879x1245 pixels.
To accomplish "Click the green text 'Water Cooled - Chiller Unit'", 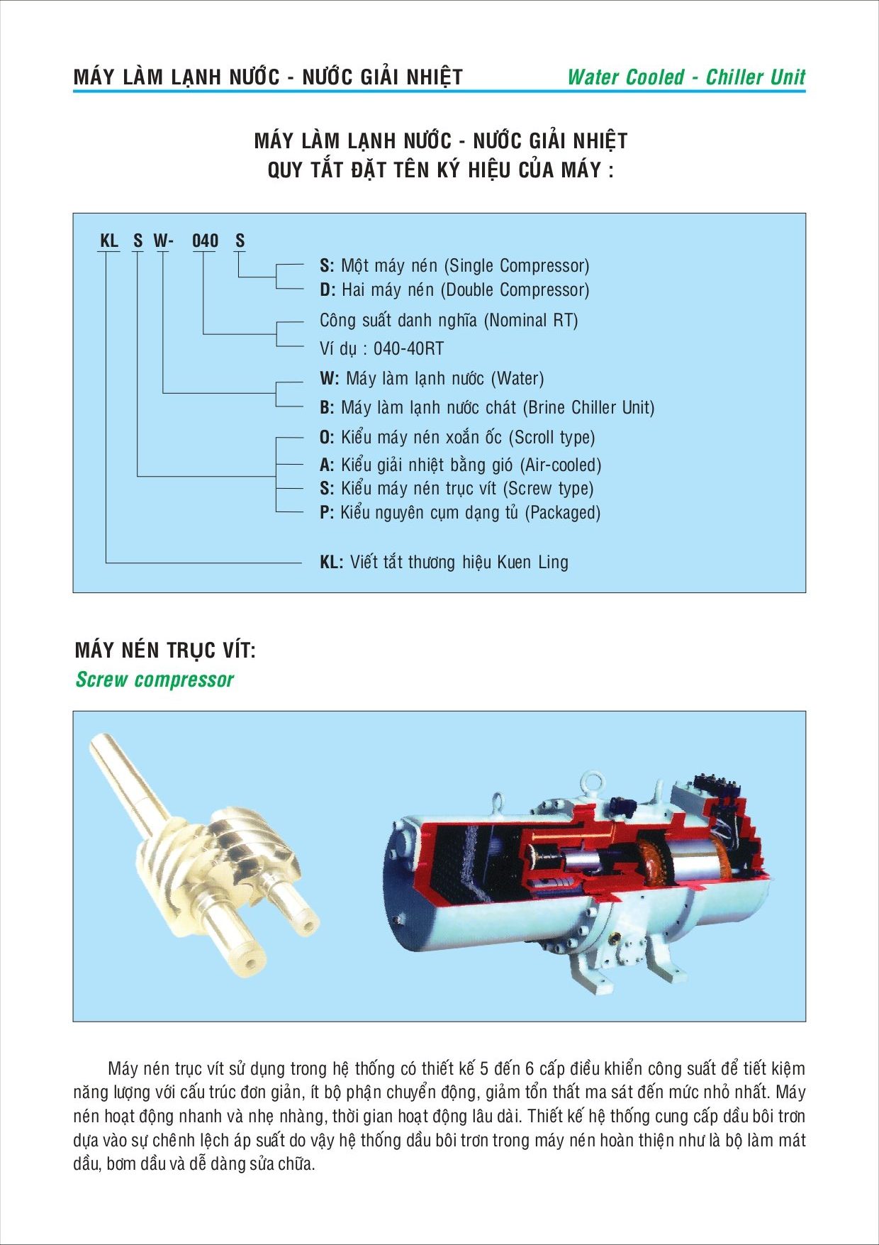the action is (686, 77).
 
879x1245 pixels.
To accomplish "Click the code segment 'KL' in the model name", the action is (109, 241).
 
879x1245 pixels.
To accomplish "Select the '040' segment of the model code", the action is (206, 241).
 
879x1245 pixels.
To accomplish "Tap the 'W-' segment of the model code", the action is (163, 241).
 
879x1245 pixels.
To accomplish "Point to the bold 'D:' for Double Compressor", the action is (327, 290).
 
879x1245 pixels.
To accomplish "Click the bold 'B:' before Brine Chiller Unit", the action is (327, 408).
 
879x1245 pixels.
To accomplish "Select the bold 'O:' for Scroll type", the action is (327, 438).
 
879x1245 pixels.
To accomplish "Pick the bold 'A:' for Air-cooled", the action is (327, 465).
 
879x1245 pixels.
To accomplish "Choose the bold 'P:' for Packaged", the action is (327, 512).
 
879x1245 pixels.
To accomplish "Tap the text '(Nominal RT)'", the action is (531, 321).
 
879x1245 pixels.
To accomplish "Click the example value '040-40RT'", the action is (408, 349).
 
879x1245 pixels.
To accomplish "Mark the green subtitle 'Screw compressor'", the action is (155, 680).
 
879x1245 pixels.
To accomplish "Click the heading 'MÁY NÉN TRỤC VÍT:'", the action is (165, 650).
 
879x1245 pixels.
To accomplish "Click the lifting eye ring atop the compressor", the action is (590, 782).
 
